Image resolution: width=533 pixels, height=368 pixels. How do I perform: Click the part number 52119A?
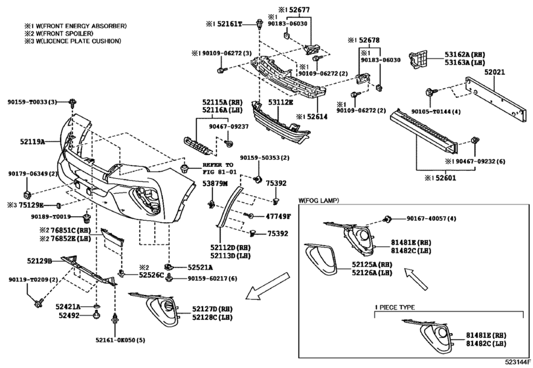click(33, 141)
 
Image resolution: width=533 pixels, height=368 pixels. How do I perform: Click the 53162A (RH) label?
click(465, 55)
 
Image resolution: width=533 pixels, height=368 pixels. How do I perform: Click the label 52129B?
click(39, 261)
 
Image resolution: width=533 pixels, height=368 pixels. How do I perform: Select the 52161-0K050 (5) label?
click(120, 340)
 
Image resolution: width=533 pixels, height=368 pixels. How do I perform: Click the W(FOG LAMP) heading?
click(319, 201)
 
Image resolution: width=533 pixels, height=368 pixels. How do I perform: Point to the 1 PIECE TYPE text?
click(394, 308)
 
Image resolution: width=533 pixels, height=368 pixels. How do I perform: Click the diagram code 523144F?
click(518, 363)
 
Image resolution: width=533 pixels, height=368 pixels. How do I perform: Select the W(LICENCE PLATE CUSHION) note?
click(72, 41)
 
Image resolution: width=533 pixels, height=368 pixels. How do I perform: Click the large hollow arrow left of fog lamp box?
click(268, 286)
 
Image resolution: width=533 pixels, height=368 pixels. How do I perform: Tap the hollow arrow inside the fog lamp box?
click(416, 278)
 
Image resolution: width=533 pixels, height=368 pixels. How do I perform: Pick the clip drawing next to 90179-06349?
click(27, 195)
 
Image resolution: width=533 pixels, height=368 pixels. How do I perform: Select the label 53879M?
click(215, 184)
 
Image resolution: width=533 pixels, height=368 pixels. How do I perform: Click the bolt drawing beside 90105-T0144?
click(430, 92)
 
